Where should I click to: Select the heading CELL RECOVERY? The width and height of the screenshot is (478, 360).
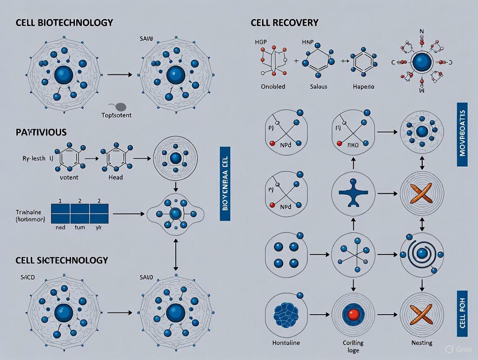point(284,22)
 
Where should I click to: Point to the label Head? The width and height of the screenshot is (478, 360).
point(115,177)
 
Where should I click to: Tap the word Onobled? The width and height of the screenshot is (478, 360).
point(273,87)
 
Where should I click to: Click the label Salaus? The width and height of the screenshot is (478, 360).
point(320,87)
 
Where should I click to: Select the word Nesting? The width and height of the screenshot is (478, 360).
point(422,343)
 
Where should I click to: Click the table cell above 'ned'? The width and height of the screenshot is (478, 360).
point(60,213)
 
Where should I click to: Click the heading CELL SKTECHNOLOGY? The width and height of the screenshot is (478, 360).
point(61,260)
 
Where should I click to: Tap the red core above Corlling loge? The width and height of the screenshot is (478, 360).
point(353,314)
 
